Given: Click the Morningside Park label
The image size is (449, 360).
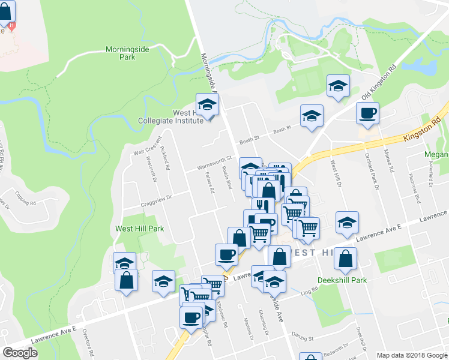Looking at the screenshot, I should [127, 53].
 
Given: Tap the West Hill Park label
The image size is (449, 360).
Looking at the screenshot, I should [139, 229].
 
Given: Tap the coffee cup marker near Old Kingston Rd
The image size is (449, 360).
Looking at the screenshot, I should [367, 113].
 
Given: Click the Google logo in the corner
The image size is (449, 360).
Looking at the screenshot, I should [20, 353].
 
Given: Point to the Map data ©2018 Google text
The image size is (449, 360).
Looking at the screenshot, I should [411, 355].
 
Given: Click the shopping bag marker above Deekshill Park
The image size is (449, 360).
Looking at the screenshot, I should [346, 259].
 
